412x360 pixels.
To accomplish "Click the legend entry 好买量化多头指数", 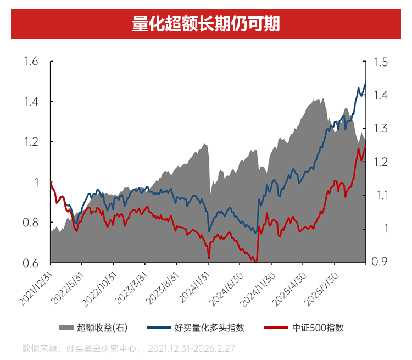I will pyautogui.click(x=209, y=328).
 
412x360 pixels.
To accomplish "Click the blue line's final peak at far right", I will pyautogui.click(x=365, y=83).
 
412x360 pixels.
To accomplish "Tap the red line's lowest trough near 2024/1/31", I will pyautogui.click(x=209, y=258).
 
